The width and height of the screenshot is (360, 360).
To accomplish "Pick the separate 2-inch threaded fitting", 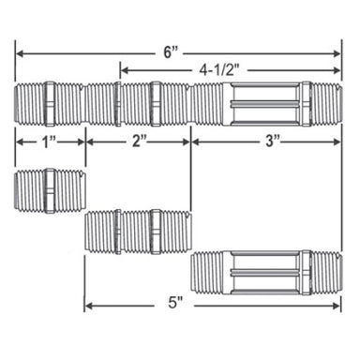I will pyautogui.click(x=137, y=231).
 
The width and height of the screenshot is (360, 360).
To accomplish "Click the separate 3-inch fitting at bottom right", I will pyautogui.click(x=265, y=271).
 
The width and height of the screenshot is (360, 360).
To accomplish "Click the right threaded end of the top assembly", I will pyautogui.click(x=326, y=103).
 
